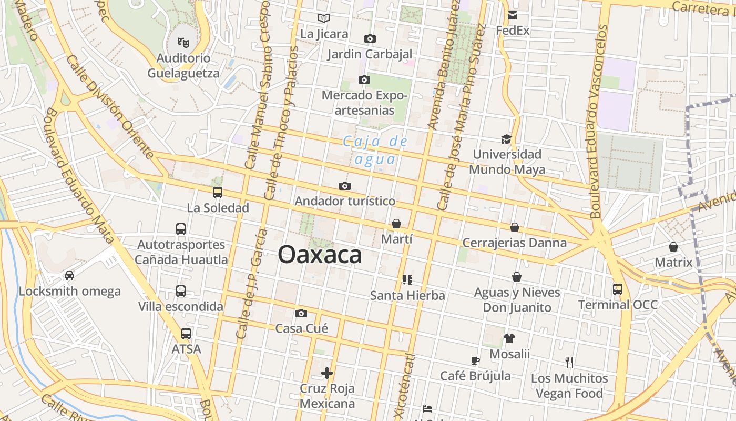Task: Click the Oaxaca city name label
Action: pyautogui.click(x=320, y=255)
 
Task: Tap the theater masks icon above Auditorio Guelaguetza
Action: pyautogui.click(x=183, y=41)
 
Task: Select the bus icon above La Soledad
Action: pyautogui.click(x=217, y=192)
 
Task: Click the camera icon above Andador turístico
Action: pyautogui.click(x=345, y=186)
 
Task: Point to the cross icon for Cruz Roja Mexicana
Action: pyautogui.click(x=327, y=373)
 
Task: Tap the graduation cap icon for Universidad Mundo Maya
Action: pyautogui.click(x=506, y=139)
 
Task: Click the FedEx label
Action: pyautogui.click(x=513, y=31)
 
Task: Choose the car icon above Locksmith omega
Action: pyautogui.click(x=69, y=275)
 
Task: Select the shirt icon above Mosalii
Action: pyautogui.click(x=509, y=338)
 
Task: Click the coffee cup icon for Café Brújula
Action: pyautogui.click(x=475, y=360)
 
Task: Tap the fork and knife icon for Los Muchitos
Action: pyautogui.click(x=569, y=362)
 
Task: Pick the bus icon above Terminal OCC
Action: pyautogui.click(x=617, y=289)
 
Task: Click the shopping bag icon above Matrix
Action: pyautogui.click(x=673, y=246)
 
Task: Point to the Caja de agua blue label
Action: pyautogui.click(x=375, y=150)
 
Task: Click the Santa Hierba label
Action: pyautogui.click(x=407, y=295)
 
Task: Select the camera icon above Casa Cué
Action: pyautogui.click(x=301, y=313)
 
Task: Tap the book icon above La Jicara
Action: pyautogui.click(x=324, y=18)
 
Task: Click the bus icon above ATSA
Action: pyautogui.click(x=186, y=333)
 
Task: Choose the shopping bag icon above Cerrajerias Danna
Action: pyautogui.click(x=515, y=227)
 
